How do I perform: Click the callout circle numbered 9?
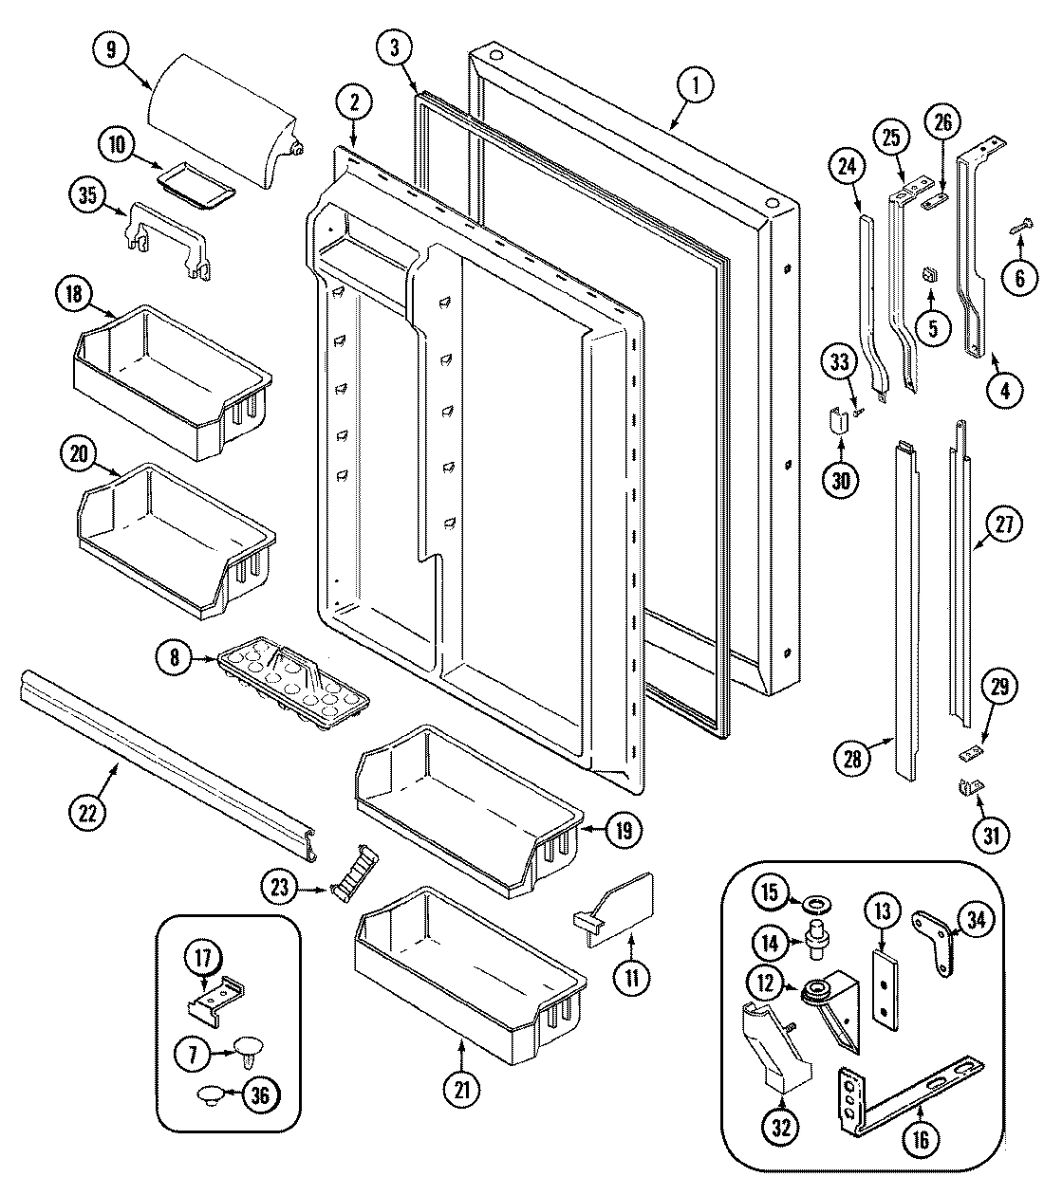pyautogui.click(x=112, y=49)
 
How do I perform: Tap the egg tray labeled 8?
pyautogui.click(x=293, y=671)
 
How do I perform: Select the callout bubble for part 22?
pyautogui.click(x=88, y=811)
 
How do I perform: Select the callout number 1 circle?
pyautogui.click(x=696, y=86)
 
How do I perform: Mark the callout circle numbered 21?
pyautogui.click(x=461, y=1091)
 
